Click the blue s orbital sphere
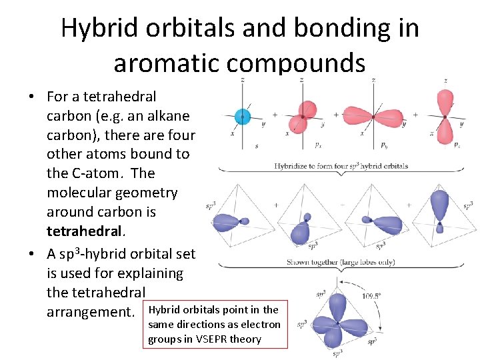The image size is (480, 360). (241, 117)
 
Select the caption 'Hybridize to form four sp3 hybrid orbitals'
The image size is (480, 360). (341, 166)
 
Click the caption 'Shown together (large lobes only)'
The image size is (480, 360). (341, 262)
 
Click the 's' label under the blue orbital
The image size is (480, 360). (257, 146)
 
